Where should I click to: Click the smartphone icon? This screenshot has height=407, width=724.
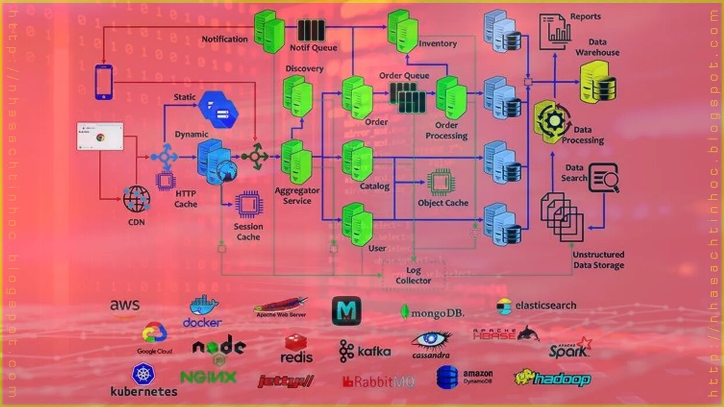tap(103, 81)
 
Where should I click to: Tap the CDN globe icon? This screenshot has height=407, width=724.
tap(136, 199)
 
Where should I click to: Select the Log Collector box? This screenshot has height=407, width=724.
tap(413, 276)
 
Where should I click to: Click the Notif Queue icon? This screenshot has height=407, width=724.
tap(311, 30)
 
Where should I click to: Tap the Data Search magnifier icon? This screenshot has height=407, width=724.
tap(604, 178)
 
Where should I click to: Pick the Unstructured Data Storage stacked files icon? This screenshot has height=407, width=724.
tap(562, 216)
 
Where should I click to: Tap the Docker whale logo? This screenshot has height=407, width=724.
tap(203, 311)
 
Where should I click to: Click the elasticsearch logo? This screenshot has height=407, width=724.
tap(536, 306)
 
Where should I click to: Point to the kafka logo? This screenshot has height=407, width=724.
tap(365, 351)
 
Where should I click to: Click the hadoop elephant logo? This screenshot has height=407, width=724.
tap(552, 379)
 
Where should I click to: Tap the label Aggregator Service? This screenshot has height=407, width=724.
tap(297, 195)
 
